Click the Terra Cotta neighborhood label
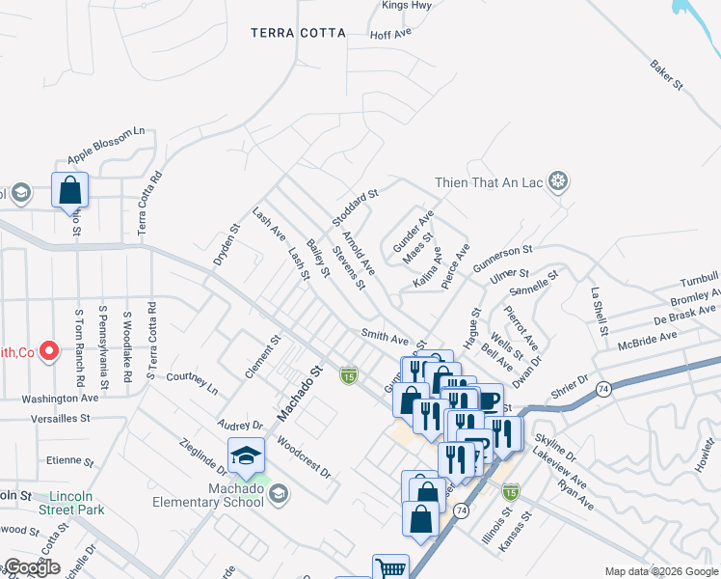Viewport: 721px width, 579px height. point(298,33)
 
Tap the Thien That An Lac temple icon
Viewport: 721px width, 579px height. point(557,180)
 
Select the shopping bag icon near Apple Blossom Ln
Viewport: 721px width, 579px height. point(70,189)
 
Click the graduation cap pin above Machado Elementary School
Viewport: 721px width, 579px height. point(246,455)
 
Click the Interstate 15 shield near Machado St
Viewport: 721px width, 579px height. point(348,374)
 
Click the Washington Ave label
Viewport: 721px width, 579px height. point(61,398)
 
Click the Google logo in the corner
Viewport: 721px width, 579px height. point(31,567)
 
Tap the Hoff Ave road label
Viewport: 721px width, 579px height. point(390,33)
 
